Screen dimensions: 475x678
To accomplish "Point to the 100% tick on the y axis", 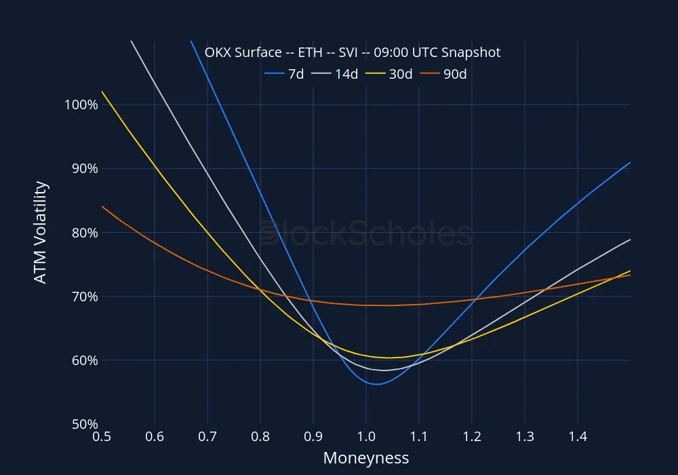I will pyautogui.click(x=81, y=105).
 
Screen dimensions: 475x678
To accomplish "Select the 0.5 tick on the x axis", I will pyautogui.click(x=102, y=438).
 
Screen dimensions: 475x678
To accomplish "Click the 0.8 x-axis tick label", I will pyautogui.click(x=260, y=438).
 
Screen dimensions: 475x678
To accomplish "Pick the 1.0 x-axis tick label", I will pyautogui.click(x=366, y=438).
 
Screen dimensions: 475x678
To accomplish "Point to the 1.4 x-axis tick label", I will pyautogui.click(x=578, y=438).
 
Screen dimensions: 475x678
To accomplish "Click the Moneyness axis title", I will pyautogui.click(x=366, y=458).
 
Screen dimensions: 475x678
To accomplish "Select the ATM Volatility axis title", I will pyautogui.click(x=41, y=232).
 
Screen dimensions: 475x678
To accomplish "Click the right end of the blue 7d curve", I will pyautogui.click(x=630, y=162).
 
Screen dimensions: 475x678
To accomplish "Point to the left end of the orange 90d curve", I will pyautogui.click(x=102, y=206).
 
